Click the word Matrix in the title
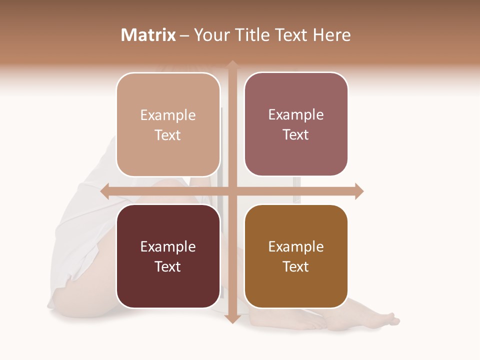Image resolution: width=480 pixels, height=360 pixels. (x=148, y=35)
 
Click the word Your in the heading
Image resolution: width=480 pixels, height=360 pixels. (x=211, y=35)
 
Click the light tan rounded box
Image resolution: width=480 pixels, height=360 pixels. (x=168, y=124)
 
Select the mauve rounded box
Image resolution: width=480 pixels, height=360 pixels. (x=296, y=124)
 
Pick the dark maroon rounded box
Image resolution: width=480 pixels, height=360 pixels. (x=168, y=256)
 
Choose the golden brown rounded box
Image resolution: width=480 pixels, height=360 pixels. (x=296, y=256)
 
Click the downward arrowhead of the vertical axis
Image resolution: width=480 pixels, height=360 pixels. (x=232, y=318)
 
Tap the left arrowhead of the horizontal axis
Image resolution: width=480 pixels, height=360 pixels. (x=105, y=191)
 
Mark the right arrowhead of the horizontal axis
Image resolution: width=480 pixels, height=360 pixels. (x=359, y=191)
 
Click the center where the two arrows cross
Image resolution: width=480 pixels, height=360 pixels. (x=232, y=191)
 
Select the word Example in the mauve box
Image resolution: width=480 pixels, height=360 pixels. (x=296, y=115)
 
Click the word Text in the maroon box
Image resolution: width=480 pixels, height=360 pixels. (x=168, y=266)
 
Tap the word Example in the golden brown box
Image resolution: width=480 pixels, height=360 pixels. (x=296, y=246)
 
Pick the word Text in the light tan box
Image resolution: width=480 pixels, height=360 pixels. (x=168, y=135)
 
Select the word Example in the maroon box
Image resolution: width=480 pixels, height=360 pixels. (x=168, y=246)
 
